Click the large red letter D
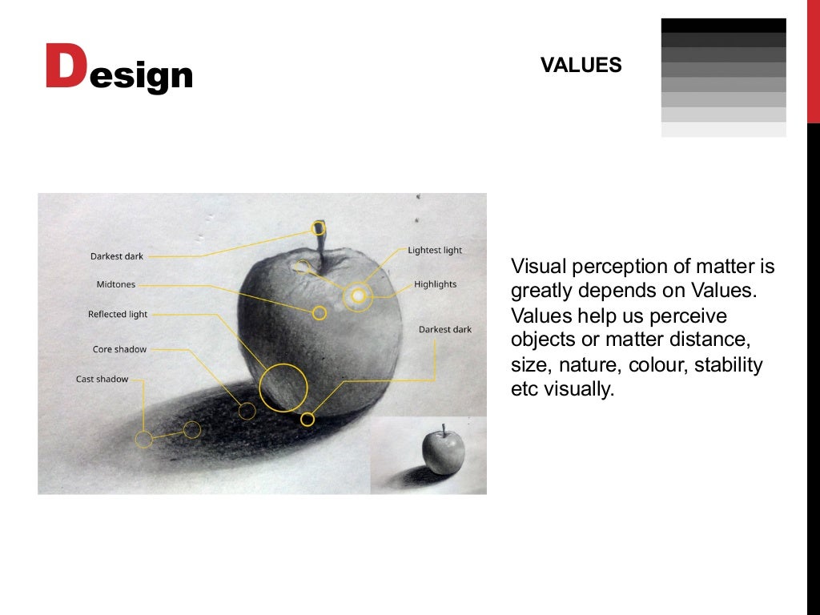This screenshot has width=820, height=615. pos(65,67)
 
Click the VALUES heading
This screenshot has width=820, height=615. pos(581,66)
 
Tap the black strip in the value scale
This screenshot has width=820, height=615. pos(723,25)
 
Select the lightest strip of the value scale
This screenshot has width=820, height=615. pos(723,129)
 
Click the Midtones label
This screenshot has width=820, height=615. pos(116,284)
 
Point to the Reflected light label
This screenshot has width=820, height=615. pos(118,315)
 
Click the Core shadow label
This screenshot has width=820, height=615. pos(119,349)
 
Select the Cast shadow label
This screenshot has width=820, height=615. pos(102,379)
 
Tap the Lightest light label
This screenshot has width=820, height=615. pos(435,251)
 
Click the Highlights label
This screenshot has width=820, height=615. pos(435,284)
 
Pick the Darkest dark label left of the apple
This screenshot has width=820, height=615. pos(117,256)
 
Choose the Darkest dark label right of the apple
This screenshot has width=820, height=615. pos(445,330)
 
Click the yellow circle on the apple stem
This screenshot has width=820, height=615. pos(319,228)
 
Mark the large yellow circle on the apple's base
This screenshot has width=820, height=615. pos(283,388)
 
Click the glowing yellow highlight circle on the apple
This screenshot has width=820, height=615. pos(358,297)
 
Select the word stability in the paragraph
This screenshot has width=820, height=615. pos(728,365)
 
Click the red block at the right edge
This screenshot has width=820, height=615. pos(813,62)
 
